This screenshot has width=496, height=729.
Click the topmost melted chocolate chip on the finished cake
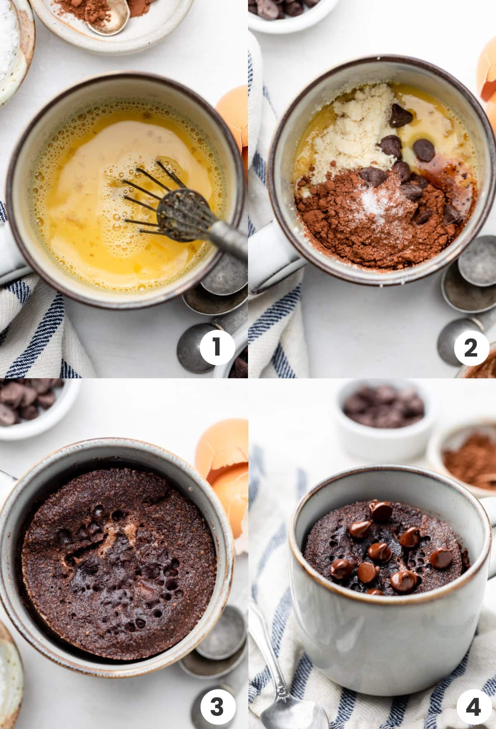pos(381,511)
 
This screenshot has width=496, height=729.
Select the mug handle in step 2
pos(269,273)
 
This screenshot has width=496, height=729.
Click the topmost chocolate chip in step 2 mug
pos(400,115)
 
